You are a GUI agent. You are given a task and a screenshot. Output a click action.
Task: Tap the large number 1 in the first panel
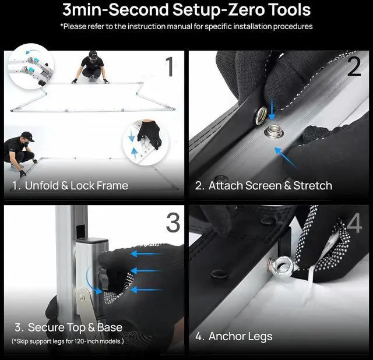click(170, 66)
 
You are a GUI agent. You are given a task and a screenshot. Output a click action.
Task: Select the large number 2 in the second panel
click(354, 66)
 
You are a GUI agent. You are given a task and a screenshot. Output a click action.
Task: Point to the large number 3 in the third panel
click(173, 223)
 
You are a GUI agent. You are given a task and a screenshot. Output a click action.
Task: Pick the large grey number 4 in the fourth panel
click(354, 223)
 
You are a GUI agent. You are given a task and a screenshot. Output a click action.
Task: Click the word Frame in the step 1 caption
click(112, 185)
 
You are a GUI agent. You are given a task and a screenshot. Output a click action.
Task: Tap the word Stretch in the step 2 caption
click(312, 185)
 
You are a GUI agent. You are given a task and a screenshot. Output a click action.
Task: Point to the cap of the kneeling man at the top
click(93, 54)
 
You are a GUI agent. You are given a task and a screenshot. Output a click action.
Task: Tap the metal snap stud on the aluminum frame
click(274, 132)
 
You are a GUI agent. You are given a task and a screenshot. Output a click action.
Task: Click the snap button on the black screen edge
click(261, 115)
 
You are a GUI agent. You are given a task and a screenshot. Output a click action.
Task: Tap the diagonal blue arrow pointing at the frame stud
click(286, 158)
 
